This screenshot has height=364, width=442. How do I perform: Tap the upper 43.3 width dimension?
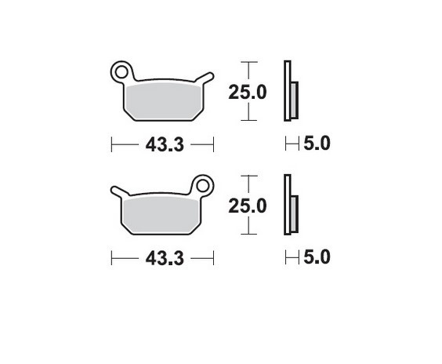164,144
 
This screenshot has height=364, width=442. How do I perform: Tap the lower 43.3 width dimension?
164,258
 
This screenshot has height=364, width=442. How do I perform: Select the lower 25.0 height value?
248,206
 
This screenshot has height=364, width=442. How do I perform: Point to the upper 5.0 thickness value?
318,144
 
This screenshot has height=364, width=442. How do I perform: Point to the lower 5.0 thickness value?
318,257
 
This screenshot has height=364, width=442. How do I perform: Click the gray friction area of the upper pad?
161,99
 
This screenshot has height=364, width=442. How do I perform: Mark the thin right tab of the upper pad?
205,77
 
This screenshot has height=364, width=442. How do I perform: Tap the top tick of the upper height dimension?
248,62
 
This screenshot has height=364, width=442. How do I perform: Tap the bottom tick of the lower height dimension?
248,234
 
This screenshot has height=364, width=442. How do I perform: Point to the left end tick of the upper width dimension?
112,144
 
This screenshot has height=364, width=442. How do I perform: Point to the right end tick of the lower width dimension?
214,258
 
